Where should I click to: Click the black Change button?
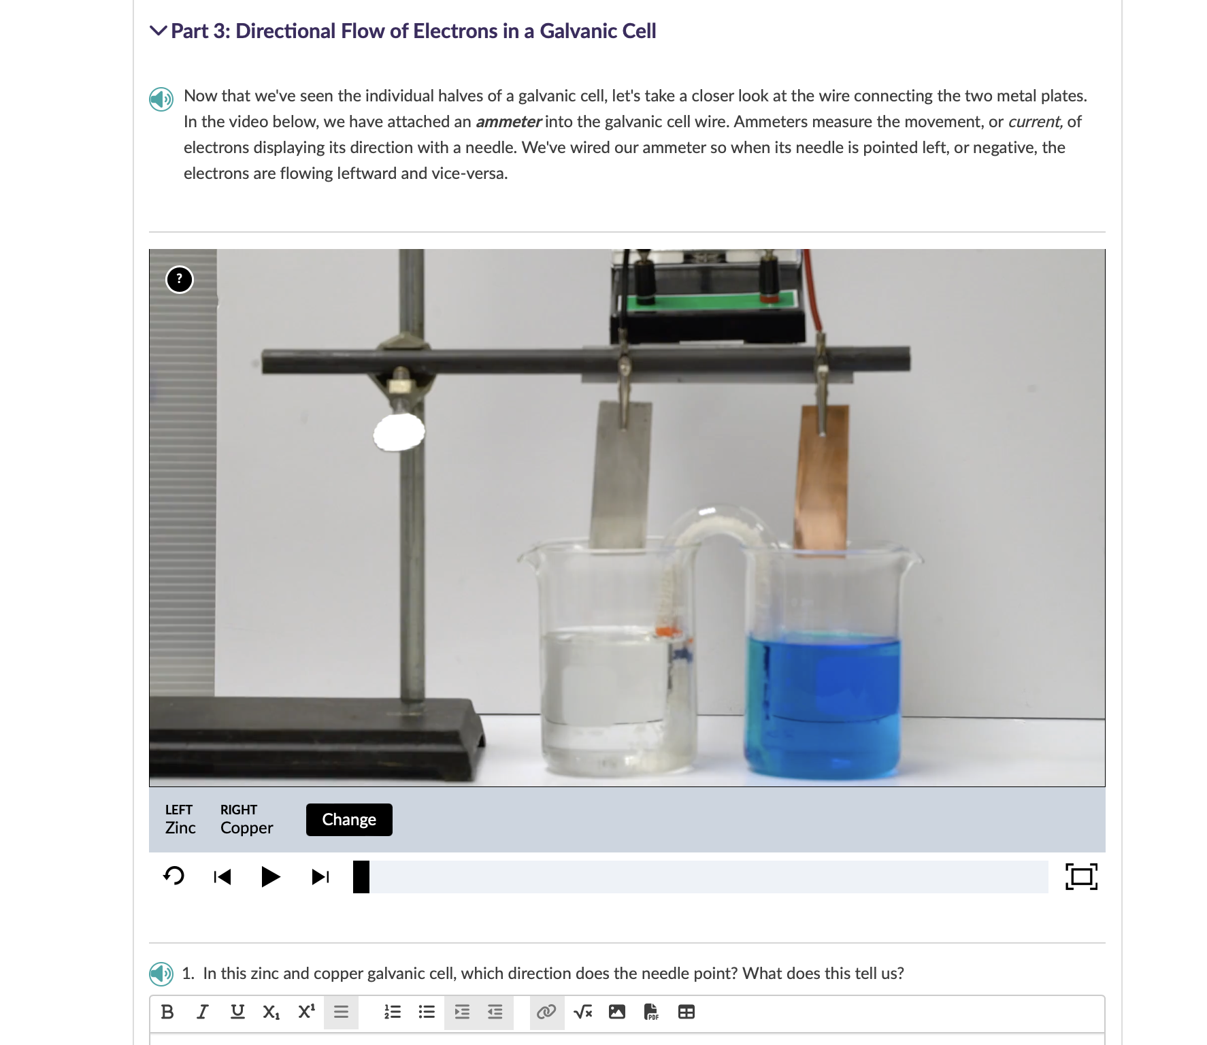349,820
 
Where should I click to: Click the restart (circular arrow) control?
174,876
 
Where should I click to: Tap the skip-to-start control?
222,876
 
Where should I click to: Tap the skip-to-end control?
320,876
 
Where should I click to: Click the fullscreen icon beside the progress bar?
1081,876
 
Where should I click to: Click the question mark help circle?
180,280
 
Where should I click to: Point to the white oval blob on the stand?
399,432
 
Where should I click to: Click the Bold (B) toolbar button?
167,1012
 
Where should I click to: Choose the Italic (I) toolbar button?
202,1012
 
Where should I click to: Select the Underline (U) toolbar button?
237,1012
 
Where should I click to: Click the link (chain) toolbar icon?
546,1012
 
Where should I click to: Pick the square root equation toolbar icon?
582,1012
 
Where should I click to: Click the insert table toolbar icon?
687,1012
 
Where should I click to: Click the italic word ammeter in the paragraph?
508,122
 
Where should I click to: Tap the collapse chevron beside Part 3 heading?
158,31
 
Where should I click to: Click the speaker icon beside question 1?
161,974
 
